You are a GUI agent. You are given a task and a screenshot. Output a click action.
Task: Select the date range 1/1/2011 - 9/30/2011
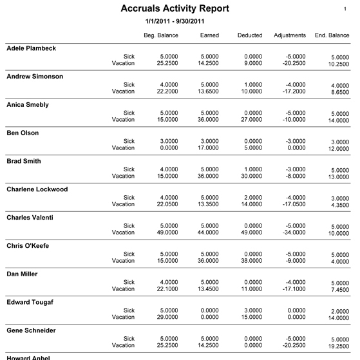175,22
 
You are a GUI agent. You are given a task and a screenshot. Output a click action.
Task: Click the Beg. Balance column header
161,35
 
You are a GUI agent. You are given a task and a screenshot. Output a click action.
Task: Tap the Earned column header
209,35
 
